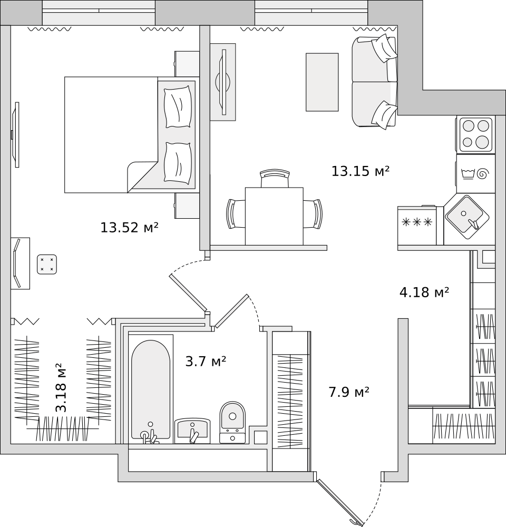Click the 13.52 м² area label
[130, 228]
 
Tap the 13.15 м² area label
[361, 171]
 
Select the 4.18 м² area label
[424, 292]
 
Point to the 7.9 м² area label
[349, 392]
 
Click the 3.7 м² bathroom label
[206, 362]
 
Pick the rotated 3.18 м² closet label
[61, 387]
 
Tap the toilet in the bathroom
[232, 422]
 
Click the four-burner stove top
[475, 134]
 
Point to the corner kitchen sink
[467, 217]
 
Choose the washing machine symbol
[475, 174]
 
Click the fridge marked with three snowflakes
[417, 226]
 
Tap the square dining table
[274, 216]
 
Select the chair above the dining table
[275, 178]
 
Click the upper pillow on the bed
[178, 106]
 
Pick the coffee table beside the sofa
[322, 82]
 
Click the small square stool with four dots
[47, 264]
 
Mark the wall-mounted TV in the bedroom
[15, 135]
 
